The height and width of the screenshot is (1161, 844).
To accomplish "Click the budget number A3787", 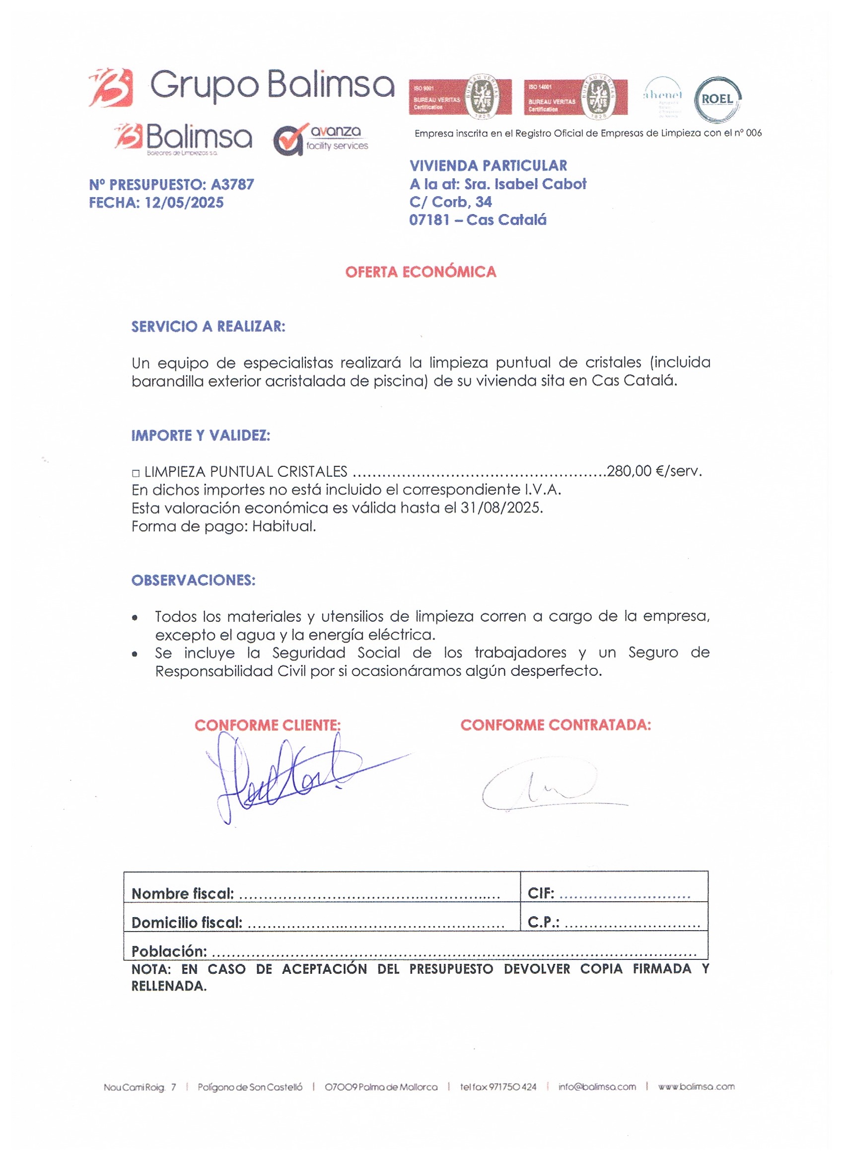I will tap(232, 184).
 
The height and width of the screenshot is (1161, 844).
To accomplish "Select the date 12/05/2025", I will tap(184, 203).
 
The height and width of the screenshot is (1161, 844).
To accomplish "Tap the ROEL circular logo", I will tap(717, 99).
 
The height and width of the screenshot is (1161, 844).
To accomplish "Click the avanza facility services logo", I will tap(320, 139).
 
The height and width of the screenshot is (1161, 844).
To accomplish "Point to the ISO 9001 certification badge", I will tap(460, 97).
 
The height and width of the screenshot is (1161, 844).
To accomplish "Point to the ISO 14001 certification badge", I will tap(575, 97).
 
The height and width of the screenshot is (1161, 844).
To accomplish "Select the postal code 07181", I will tap(429, 220).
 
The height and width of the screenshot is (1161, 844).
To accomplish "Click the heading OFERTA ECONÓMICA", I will tap(421, 272).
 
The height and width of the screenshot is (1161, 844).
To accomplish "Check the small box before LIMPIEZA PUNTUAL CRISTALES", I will tap(136, 474).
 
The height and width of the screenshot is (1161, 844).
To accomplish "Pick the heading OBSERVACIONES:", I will tap(194, 580).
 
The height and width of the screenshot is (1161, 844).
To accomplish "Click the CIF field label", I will tap(541, 893).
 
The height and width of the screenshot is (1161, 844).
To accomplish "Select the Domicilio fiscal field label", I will tap(187, 923).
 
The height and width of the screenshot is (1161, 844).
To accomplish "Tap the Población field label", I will tap(169, 951).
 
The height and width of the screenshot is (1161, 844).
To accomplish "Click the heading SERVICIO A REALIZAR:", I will tap(209, 327).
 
